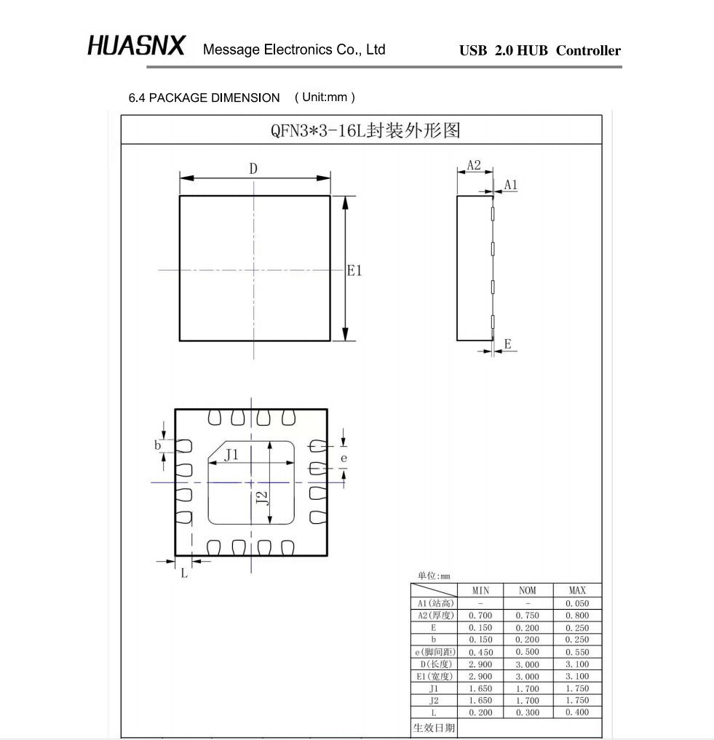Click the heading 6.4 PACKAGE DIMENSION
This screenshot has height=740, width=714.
coord(204,98)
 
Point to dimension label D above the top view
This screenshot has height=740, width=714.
coord(253,169)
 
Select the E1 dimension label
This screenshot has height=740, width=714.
coord(354,271)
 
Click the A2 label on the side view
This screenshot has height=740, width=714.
coord(474,165)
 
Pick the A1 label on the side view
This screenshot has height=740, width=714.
coord(511,185)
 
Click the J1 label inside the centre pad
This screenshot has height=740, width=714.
coord(231,455)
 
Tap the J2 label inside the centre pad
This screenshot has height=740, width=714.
coord(262,498)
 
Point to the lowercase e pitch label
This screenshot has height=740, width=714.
coord(344,458)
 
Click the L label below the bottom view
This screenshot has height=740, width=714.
coord(183,573)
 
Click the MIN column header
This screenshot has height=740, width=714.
coord(480,591)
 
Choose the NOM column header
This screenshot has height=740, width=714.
coord(527,591)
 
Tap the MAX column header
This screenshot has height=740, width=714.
coord(577,591)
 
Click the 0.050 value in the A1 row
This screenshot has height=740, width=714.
coord(577,603)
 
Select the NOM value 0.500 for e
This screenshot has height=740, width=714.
coord(527,652)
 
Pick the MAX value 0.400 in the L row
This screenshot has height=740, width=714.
coord(577,712)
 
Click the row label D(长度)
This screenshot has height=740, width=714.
coord(434,664)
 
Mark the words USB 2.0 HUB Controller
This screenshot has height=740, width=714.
coord(540,51)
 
